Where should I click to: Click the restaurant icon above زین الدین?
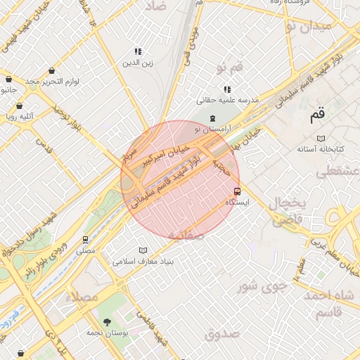(139, 51)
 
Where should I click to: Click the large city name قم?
(318, 113)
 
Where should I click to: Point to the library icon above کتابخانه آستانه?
(321, 138)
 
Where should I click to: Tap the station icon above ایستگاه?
(237, 191)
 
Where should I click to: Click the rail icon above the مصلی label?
(86, 239)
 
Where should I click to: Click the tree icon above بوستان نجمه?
(107, 322)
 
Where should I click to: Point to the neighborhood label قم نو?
(230, 67)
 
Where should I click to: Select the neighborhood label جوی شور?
(262, 286)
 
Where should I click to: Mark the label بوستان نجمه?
(106, 334)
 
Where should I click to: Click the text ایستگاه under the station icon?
(237, 202)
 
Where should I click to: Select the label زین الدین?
(139, 63)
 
